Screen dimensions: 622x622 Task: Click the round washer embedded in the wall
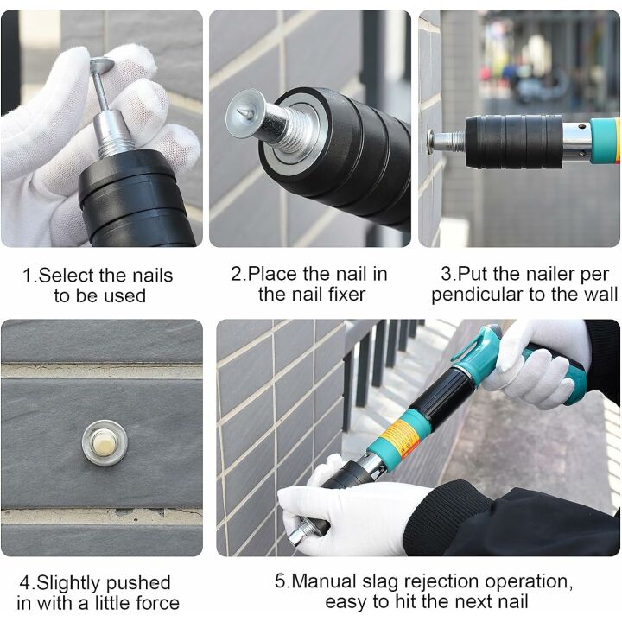[105, 441]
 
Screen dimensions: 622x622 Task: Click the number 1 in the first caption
[27, 276]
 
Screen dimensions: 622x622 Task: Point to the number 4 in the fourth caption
[24, 583]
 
